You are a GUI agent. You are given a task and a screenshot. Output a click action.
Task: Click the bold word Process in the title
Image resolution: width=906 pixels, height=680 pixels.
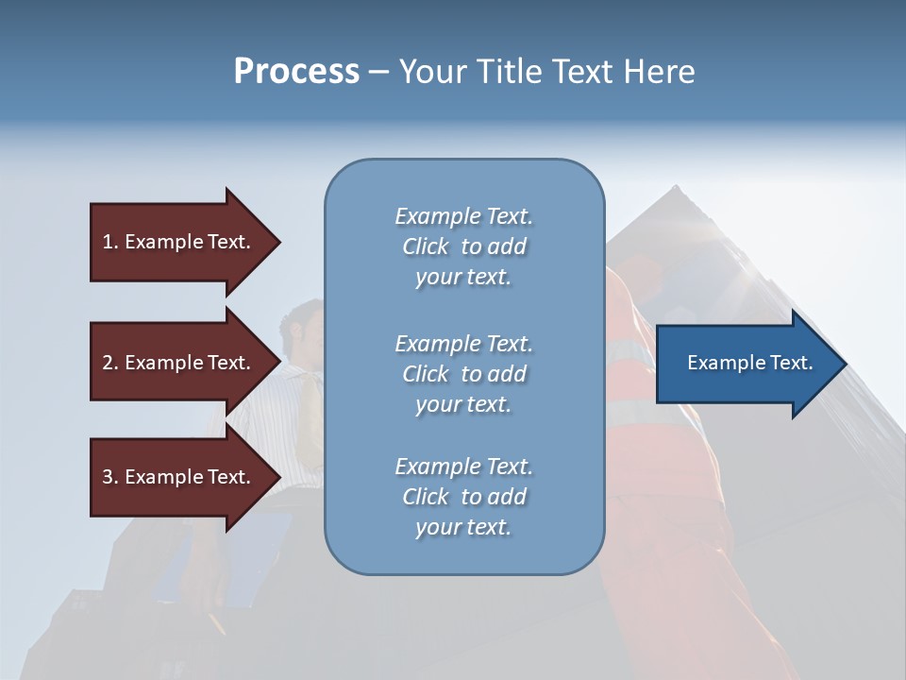click(296, 72)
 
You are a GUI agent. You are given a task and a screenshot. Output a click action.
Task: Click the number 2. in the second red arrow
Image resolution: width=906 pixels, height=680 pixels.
click(110, 363)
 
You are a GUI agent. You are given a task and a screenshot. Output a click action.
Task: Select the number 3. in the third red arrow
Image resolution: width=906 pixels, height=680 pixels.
click(110, 477)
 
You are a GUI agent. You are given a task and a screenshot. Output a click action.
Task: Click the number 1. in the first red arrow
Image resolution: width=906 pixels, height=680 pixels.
click(110, 242)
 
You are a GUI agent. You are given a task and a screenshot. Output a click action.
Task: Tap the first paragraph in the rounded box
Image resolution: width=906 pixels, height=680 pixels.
click(463, 246)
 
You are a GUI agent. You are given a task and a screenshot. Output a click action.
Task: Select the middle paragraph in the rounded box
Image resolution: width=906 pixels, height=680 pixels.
click(463, 373)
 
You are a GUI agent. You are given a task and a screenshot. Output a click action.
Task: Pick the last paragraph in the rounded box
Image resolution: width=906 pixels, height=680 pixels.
click(463, 497)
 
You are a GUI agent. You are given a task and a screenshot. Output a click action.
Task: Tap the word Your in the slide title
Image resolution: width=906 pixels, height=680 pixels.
click(429, 72)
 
